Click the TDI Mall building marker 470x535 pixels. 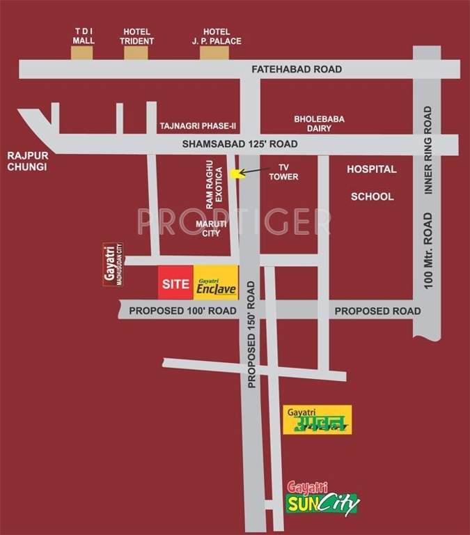[81, 52]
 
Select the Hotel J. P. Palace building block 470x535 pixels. [215, 52]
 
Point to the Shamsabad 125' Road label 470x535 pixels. [240, 144]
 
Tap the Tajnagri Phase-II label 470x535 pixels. [198, 126]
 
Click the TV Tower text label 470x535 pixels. [283, 173]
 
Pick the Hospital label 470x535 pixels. [372, 169]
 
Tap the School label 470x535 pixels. [372, 196]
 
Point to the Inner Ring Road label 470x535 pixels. [429, 150]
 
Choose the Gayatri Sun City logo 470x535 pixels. [323, 496]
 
